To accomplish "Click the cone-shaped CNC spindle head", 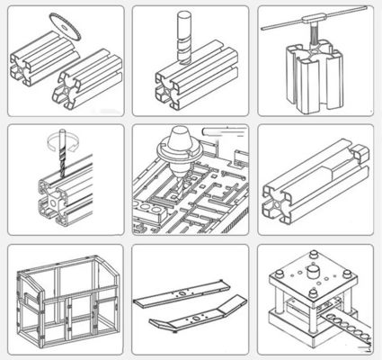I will [x=182, y=149].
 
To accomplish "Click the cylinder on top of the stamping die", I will [x=313, y=273].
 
